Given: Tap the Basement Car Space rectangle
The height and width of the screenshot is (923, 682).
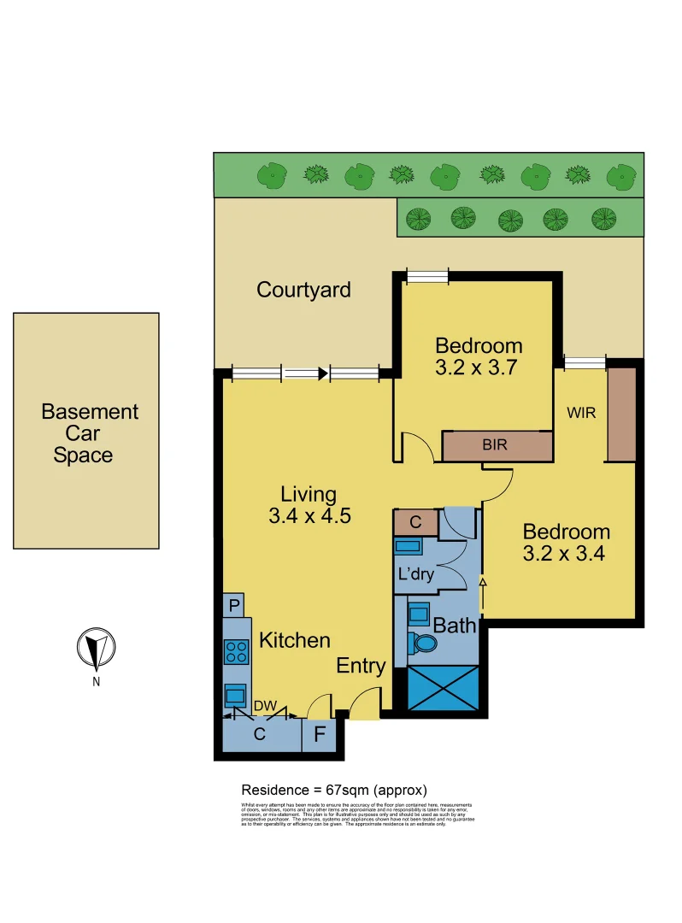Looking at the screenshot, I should pyautogui.click(x=86, y=431).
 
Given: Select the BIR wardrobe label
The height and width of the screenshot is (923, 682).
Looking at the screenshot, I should pyautogui.click(x=496, y=445).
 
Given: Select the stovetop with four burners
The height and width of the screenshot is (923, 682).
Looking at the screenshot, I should pyautogui.click(x=236, y=652).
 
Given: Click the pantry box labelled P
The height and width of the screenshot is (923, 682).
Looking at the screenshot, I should pyautogui.click(x=234, y=605).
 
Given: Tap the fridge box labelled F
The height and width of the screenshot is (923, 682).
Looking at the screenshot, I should pyautogui.click(x=320, y=734).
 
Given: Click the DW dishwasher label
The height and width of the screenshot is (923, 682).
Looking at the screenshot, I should pyautogui.click(x=263, y=707).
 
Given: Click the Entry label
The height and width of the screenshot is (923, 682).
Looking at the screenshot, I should pyautogui.click(x=361, y=666).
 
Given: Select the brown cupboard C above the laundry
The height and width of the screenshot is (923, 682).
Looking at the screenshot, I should pyautogui.click(x=415, y=521).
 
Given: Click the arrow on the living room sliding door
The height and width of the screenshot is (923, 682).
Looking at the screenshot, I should pyautogui.click(x=322, y=373).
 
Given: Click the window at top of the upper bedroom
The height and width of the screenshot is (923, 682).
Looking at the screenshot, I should pyautogui.click(x=426, y=275).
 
